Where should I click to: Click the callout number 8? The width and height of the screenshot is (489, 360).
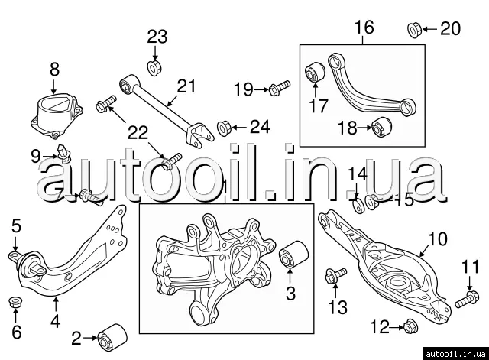(53, 70)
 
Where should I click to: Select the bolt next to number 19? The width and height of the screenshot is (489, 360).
(279, 88)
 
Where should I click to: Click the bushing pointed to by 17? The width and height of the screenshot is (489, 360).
(316, 73)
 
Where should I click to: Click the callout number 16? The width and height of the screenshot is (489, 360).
(364, 28)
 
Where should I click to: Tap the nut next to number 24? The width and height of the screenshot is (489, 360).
(225, 125)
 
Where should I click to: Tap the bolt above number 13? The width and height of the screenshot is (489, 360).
(334, 276)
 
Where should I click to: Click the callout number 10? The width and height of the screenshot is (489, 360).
(435, 240)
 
